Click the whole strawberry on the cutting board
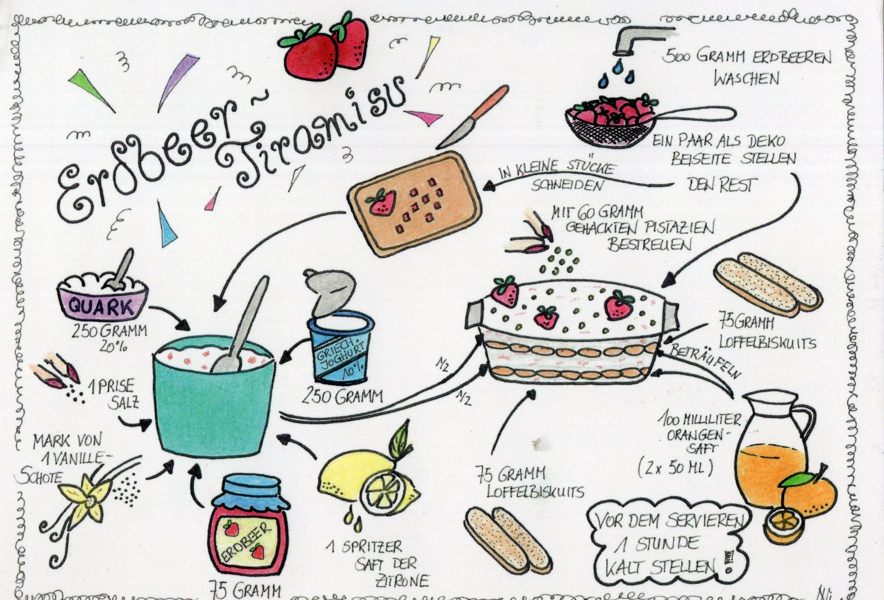click(381, 202)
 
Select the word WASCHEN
click(747, 79)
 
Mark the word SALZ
click(123, 402)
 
